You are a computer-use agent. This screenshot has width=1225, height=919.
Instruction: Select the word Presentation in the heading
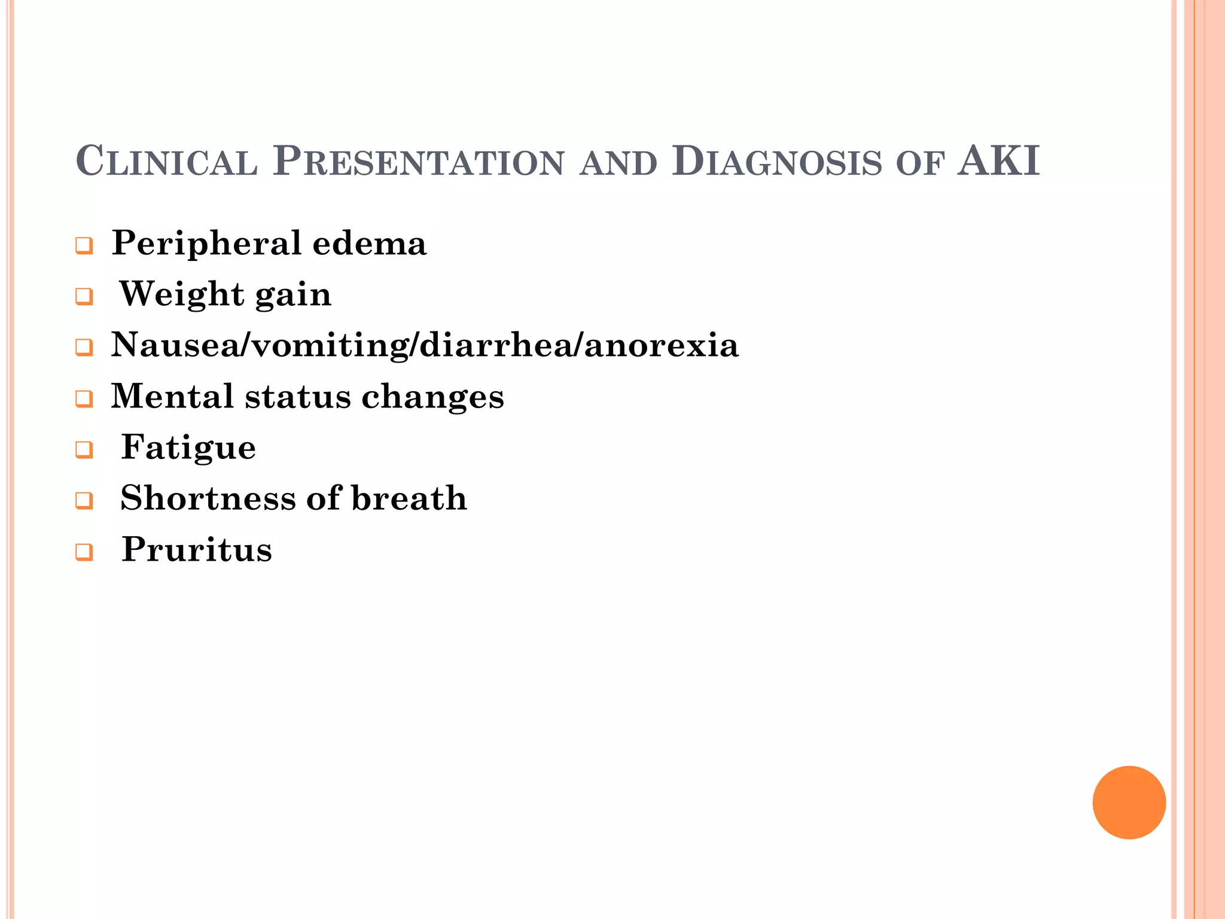point(418,162)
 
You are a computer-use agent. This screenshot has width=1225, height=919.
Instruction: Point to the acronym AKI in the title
point(998,162)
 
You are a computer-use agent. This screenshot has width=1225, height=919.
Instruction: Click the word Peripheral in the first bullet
point(206,244)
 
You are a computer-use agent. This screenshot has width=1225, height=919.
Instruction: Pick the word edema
point(369,243)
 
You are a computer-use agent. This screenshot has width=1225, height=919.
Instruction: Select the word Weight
point(182,294)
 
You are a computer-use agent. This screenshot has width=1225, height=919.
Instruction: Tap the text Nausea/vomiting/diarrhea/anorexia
point(425,345)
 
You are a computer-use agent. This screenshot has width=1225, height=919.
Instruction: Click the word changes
point(432,397)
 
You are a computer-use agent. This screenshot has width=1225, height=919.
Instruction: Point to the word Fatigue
point(188,448)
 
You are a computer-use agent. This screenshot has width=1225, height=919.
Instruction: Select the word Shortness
point(207,498)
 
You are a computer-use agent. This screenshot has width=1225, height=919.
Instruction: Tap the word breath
point(409,498)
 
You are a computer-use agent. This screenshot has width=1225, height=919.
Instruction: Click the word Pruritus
point(196,549)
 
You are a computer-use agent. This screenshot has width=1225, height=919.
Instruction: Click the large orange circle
point(1129,802)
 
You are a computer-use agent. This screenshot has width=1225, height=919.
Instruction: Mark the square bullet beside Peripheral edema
point(84,246)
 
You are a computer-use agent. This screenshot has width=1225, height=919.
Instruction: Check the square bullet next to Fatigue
point(84,450)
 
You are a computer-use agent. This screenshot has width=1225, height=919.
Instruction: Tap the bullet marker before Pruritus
point(84,552)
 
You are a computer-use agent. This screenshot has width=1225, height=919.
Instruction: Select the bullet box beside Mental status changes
point(84,399)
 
